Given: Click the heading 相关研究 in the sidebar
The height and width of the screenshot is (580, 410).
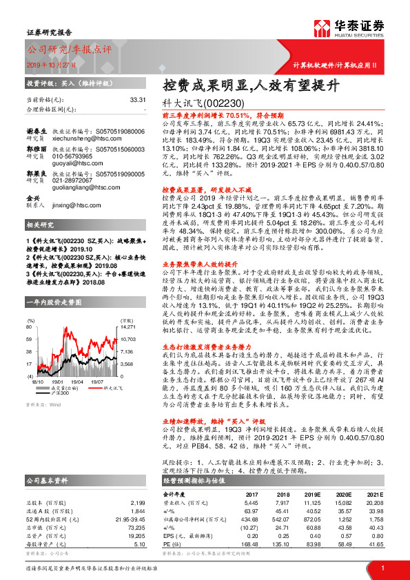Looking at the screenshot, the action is pos(40,225).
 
